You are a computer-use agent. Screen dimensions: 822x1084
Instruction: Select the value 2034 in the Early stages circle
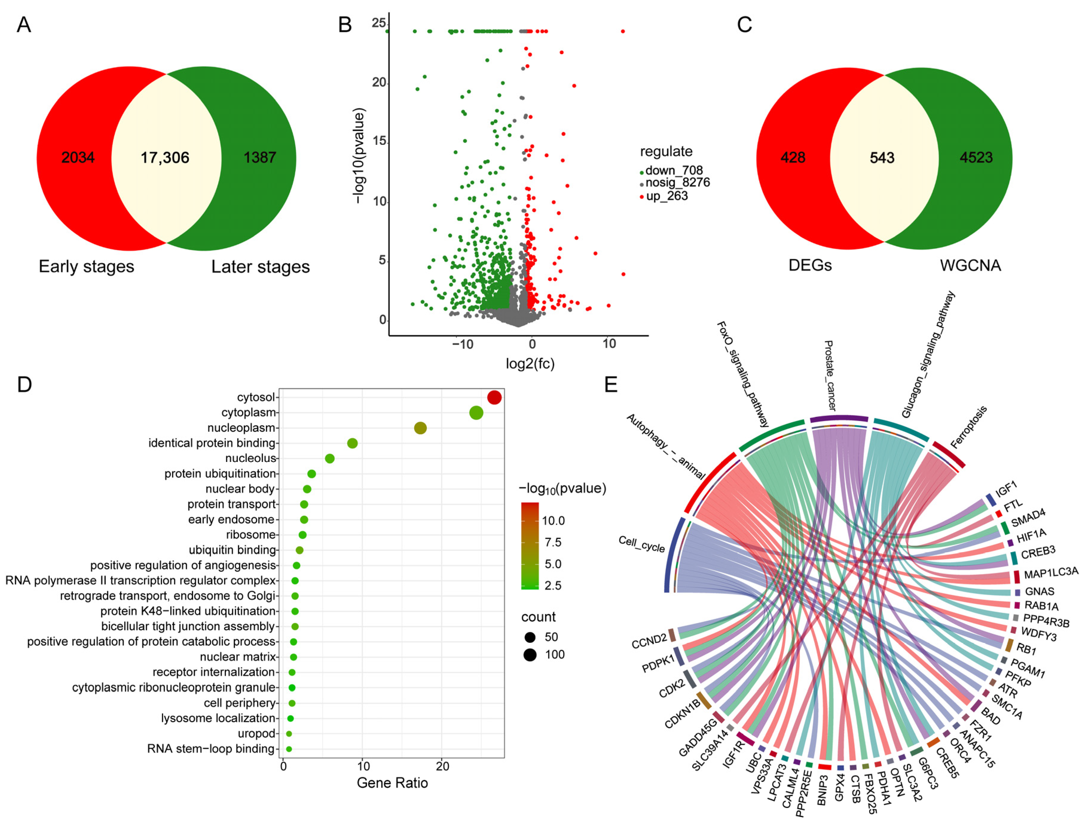(x=78, y=158)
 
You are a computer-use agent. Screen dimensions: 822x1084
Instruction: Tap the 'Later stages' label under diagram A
(x=260, y=267)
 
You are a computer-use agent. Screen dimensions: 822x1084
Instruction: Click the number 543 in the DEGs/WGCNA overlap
(x=882, y=158)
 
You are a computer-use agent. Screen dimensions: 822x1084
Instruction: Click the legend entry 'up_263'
(x=666, y=196)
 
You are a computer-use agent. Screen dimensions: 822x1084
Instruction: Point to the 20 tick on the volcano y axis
(x=379, y=82)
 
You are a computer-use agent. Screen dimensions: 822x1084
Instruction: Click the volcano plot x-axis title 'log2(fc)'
(x=530, y=363)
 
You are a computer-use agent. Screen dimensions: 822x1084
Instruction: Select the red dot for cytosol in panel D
(x=494, y=398)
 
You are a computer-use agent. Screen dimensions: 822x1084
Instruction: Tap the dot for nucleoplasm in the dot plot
(x=420, y=428)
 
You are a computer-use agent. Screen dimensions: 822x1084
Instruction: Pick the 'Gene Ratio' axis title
(x=392, y=783)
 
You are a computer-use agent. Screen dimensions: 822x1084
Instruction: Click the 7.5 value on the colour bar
(x=553, y=542)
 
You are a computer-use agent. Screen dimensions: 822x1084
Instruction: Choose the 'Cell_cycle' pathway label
(x=641, y=544)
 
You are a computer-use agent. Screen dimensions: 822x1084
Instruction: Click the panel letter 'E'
(x=611, y=385)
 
